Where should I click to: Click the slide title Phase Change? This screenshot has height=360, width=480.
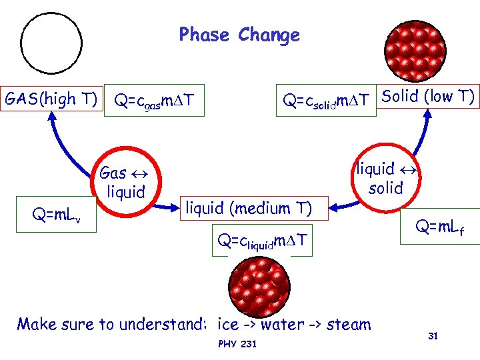coord(239,35)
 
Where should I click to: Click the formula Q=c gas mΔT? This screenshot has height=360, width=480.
coord(154,101)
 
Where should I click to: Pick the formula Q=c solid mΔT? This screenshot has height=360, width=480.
coord(327,101)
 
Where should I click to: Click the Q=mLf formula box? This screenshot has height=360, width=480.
coord(439,229)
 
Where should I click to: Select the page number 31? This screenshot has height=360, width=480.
coord(433,336)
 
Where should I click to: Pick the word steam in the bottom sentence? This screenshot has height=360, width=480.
coord(349,325)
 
